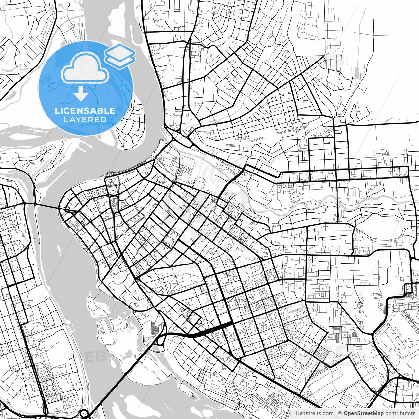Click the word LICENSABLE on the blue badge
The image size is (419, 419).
coord(85,111)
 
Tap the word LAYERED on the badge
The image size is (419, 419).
coord(85,120)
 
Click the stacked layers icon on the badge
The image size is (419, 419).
coord(119,56)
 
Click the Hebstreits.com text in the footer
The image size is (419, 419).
coord(314,413)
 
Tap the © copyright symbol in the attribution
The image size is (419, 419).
coord(340,413)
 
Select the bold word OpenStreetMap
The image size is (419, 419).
coord(364,413)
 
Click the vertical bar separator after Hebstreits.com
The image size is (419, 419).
coord(336,413)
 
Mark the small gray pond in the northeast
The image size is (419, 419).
coord(356,73)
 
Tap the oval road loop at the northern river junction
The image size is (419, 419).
coord(185,140)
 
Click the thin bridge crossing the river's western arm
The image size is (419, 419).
coord(46,206)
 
